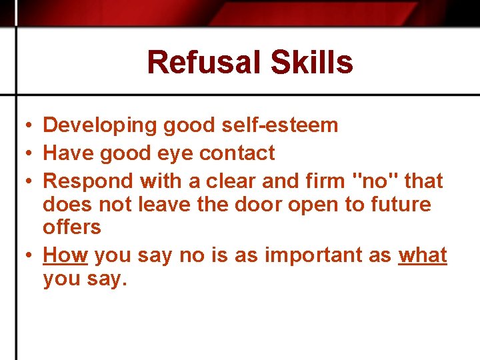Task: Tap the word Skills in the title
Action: coord(312,63)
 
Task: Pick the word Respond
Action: coord(87,181)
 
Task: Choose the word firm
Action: coord(317,181)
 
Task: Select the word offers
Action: coord(72,227)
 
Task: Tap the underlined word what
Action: coord(423,255)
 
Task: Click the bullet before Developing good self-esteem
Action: coord(23,126)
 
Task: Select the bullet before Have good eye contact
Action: coord(23,154)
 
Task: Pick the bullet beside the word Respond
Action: coord(23,181)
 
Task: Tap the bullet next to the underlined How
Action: coord(23,255)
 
